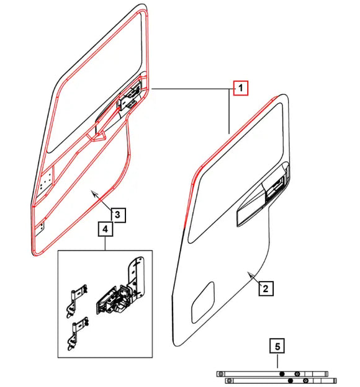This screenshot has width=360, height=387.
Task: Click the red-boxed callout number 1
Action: (x=240, y=89)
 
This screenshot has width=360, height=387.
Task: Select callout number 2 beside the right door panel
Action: (x=264, y=288)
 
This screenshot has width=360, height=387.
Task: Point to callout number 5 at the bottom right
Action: (x=277, y=345)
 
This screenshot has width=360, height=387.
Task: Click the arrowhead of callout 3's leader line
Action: (x=93, y=193)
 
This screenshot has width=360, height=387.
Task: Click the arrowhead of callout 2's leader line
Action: (x=248, y=273)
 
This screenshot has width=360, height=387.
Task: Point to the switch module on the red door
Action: (x=131, y=97)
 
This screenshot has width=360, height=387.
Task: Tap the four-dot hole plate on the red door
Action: (x=44, y=182)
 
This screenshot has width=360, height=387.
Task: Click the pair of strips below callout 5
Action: (x=276, y=376)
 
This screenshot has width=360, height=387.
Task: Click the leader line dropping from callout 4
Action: (x=106, y=244)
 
